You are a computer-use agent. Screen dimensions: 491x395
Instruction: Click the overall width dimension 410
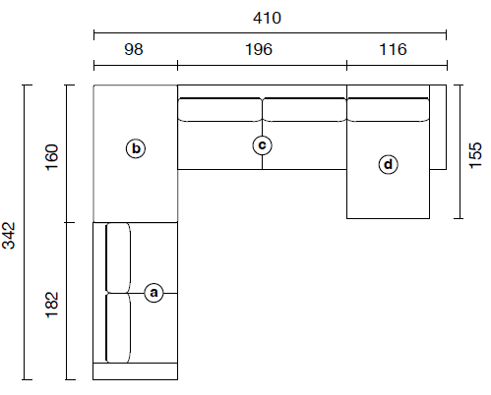click(267, 18)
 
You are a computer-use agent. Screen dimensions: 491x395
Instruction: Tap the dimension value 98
click(134, 49)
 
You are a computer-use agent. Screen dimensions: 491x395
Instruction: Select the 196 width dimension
click(259, 49)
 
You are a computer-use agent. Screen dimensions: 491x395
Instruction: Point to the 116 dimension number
click(393, 49)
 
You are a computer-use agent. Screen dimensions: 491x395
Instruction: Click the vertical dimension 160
click(52, 157)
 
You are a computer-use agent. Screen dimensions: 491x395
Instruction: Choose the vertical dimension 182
click(52, 305)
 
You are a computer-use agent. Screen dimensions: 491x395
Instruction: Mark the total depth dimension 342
click(9, 236)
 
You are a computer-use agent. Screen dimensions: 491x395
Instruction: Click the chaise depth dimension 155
click(476, 155)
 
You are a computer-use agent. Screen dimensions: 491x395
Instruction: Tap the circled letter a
click(153, 293)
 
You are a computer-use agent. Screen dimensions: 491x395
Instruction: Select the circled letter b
click(136, 148)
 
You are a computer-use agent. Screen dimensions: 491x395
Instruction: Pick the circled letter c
click(262, 145)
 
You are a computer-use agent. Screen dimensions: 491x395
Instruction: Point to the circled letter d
click(389, 164)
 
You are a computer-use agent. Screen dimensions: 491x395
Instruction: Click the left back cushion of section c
click(219, 110)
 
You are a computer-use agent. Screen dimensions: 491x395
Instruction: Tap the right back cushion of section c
click(304, 110)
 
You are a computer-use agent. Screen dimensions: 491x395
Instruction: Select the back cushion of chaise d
click(389, 110)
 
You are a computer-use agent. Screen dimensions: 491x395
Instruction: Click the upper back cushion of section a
click(118, 257)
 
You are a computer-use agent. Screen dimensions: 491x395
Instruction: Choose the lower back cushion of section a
click(118, 328)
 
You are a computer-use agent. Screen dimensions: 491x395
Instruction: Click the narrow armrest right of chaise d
click(438, 127)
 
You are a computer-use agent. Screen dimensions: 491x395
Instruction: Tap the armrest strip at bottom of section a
click(136, 371)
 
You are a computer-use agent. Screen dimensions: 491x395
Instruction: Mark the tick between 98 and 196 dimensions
click(177, 65)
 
